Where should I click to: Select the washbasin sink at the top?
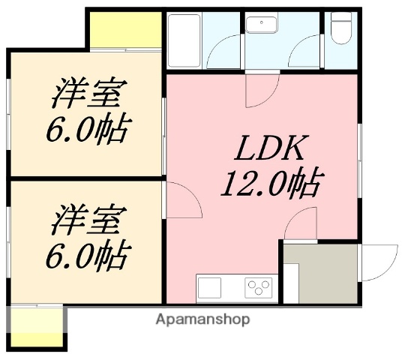click(261, 25)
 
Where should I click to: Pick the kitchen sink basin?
click(210, 287)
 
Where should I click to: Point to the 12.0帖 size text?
click(271, 183)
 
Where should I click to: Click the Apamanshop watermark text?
click(202, 319)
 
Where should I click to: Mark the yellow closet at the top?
click(125, 29)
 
